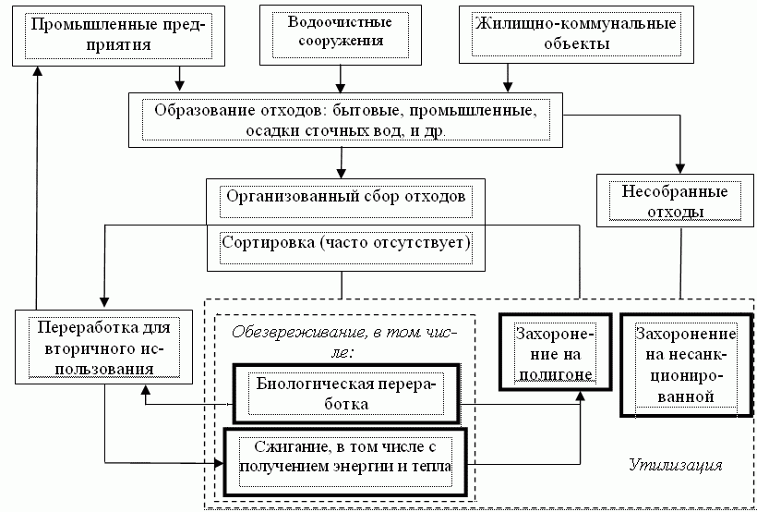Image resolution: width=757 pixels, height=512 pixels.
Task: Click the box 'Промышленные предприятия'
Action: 119,36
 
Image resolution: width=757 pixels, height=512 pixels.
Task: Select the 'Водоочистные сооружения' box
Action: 341,34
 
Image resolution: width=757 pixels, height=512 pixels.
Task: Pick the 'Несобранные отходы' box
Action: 675,201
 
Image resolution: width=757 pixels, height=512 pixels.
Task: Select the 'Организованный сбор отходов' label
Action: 345,198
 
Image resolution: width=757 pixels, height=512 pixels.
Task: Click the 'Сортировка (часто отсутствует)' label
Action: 345,243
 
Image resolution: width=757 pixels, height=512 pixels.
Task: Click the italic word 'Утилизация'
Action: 676,465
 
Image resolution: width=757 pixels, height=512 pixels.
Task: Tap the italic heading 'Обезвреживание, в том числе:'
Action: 345,342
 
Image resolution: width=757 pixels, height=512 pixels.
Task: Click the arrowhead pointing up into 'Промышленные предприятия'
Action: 37,71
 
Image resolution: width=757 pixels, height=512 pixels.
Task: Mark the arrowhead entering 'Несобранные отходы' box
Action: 680,169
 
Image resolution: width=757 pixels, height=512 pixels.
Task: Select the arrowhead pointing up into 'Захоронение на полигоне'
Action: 581,395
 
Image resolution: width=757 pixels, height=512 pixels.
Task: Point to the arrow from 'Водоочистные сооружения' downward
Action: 341,79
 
